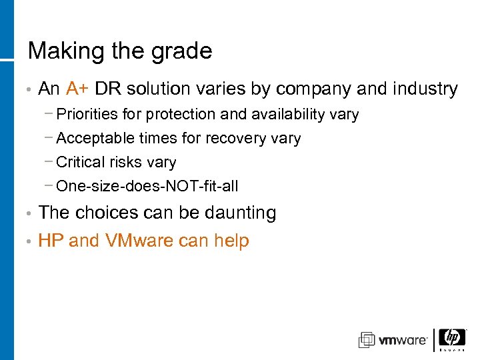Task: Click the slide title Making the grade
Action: (x=120, y=51)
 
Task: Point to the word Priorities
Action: (x=89, y=115)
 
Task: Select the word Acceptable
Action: (x=96, y=139)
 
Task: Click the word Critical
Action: (x=81, y=162)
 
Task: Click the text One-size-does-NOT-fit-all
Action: (x=147, y=186)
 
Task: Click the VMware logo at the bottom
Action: (x=393, y=340)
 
